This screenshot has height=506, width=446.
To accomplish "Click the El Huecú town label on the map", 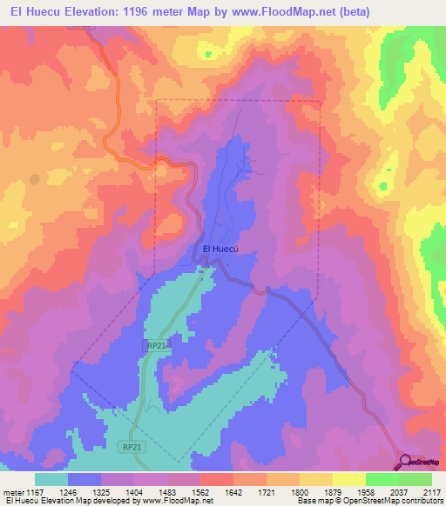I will tap(220, 249).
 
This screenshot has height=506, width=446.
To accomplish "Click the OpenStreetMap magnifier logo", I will tap(406, 462).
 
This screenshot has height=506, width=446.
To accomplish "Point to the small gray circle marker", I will tap(34, 179).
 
